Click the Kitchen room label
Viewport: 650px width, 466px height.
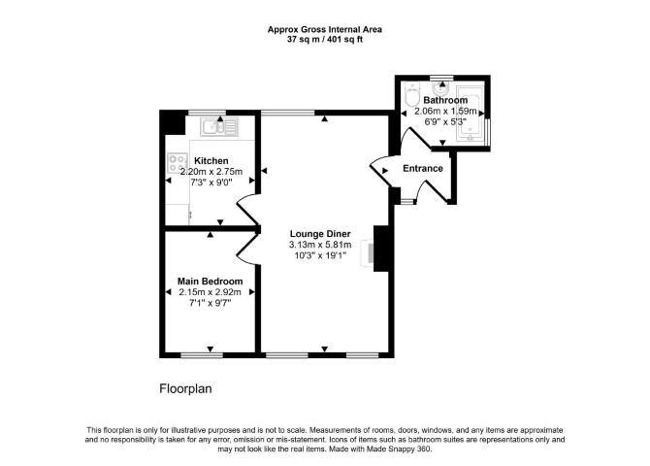[x=211, y=160]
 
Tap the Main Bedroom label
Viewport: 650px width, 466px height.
[x=211, y=282]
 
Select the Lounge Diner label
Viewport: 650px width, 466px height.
[x=320, y=234]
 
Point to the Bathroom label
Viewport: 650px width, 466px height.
[x=445, y=100]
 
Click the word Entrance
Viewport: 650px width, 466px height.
[x=423, y=169]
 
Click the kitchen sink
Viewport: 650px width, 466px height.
[x=219, y=126]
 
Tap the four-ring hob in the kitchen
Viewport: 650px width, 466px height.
[x=178, y=163]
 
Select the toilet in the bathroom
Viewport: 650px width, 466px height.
[x=412, y=94]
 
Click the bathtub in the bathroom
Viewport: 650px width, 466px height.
[x=471, y=114]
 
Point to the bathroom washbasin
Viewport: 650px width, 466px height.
[x=441, y=87]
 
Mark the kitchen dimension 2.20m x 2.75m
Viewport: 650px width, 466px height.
[x=211, y=172]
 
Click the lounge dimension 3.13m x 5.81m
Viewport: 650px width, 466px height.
[x=320, y=245]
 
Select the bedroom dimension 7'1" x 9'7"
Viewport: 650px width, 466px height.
[x=211, y=303]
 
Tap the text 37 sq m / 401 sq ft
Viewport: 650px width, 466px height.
[x=325, y=40]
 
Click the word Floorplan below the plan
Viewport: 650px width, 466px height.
[x=185, y=388]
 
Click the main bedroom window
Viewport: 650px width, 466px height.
[x=202, y=355]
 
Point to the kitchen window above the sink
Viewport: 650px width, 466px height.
[x=208, y=113]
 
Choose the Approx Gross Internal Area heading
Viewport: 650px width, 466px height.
[x=325, y=29]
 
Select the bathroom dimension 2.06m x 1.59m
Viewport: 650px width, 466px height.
[x=445, y=112]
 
